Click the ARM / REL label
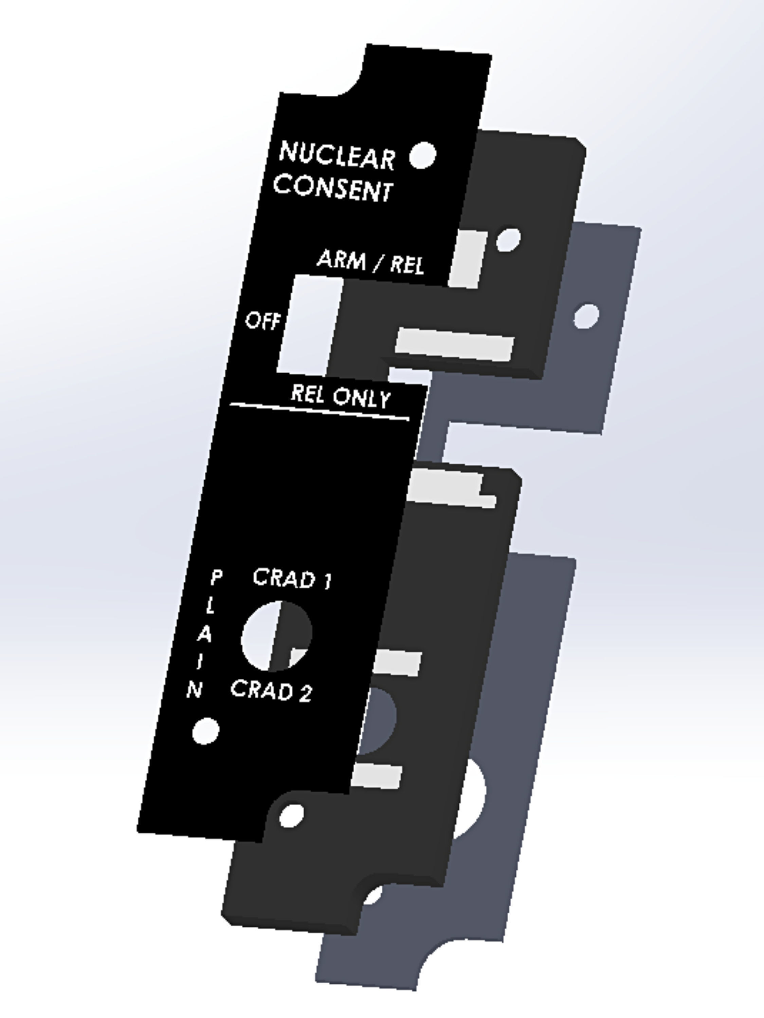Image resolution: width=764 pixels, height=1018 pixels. coord(370,262)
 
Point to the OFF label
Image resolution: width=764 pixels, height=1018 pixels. coord(262,321)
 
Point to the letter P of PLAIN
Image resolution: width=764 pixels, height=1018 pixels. coord(216,578)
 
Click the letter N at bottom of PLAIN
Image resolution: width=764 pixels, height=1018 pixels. coord(195,690)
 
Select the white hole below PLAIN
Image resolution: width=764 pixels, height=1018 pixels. coord(205,730)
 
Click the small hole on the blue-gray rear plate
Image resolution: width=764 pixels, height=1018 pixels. coord(586,316)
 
